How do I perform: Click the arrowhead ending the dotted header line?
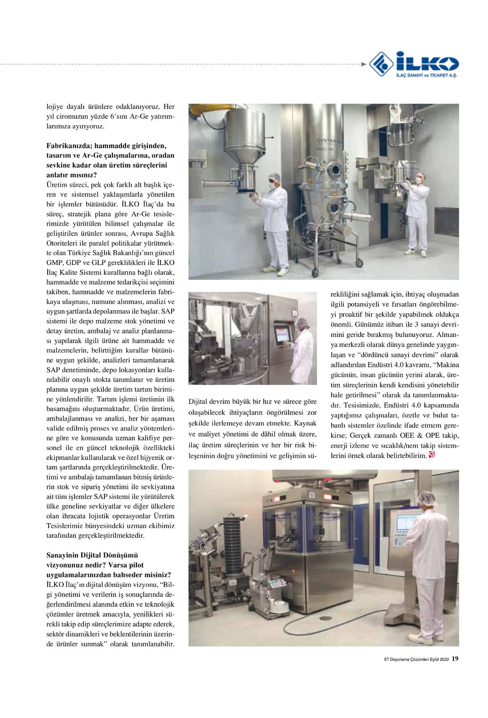(364, 64)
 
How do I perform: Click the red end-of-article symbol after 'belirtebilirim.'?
(432, 455)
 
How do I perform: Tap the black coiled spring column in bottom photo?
(230, 544)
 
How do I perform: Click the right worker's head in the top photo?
(420, 178)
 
